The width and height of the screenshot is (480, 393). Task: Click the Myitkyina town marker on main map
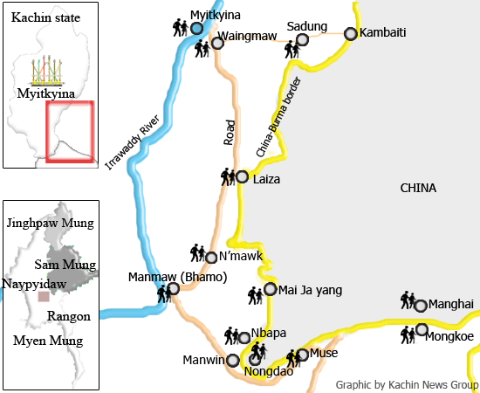tap(196, 28)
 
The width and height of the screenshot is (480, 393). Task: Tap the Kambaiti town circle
tap(351, 34)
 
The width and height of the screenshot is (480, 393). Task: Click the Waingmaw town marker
tap(217, 43)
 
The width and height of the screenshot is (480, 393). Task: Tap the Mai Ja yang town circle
tap(271, 289)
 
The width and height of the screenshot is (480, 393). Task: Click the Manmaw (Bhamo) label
tap(178, 277)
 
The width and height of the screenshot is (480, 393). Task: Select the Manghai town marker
tap(421, 306)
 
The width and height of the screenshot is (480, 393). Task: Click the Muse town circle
tap(303, 355)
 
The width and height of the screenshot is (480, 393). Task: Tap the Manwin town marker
tap(232, 360)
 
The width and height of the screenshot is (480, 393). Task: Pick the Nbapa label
tap(268, 334)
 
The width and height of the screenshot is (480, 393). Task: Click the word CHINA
tap(418, 188)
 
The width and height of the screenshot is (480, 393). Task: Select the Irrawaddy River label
tap(137, 138)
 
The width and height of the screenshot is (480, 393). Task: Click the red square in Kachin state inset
tap(69, 131)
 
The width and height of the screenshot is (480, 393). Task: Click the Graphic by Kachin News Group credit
tap(407, 384)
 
